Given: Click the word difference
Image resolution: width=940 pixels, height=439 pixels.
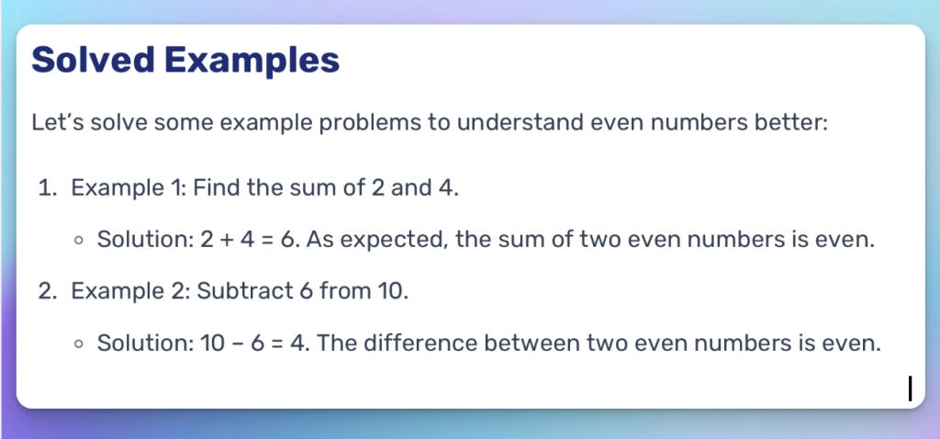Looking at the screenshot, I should pyautogui.click(x=416, y=343).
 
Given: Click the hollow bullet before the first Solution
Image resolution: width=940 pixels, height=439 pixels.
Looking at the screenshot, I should pyautogui.click(x=80, y=242).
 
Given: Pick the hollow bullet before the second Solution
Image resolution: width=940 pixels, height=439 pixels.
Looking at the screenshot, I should pyautogui.click(x=80, y=344).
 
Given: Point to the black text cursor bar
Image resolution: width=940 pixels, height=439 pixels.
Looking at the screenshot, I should pyautogui.click(x=910, y=388).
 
